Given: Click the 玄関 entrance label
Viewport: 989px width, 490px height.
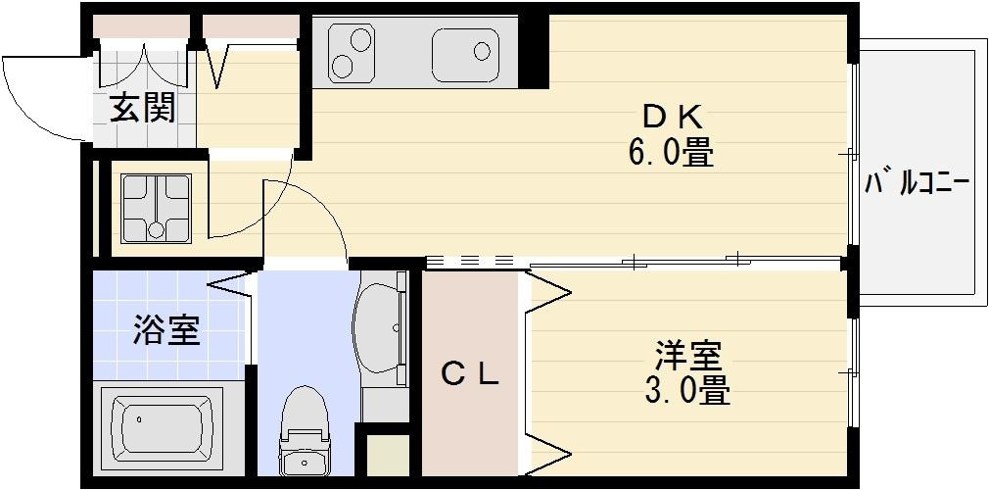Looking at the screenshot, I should pos(141,110).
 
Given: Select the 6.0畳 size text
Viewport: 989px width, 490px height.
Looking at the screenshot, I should pos(671,153).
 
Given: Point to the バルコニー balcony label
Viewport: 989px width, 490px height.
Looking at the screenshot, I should pos(918,182).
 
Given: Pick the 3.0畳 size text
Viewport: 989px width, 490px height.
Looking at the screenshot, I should pos(687,390).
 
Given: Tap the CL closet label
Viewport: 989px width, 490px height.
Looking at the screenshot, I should pos(470,373).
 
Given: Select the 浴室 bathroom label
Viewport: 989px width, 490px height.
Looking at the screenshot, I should pos(166,331).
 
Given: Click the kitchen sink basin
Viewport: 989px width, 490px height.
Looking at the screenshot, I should pos(463,53).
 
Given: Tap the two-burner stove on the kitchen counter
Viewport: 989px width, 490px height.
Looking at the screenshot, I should pos(351,53).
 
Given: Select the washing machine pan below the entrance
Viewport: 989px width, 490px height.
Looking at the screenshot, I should pos(156,207).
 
